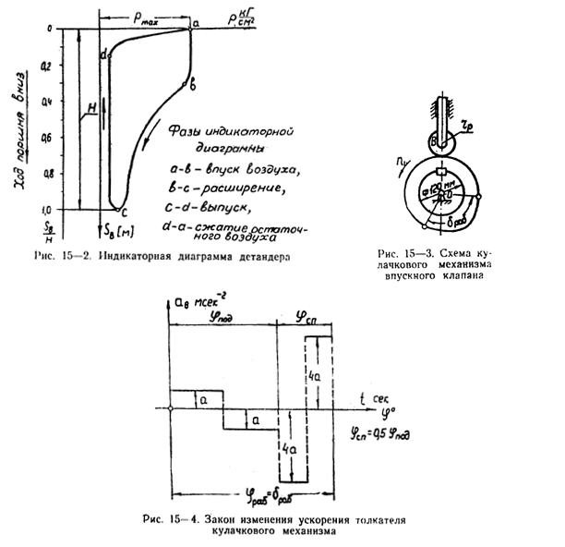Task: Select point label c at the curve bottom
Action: [125, 213]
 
